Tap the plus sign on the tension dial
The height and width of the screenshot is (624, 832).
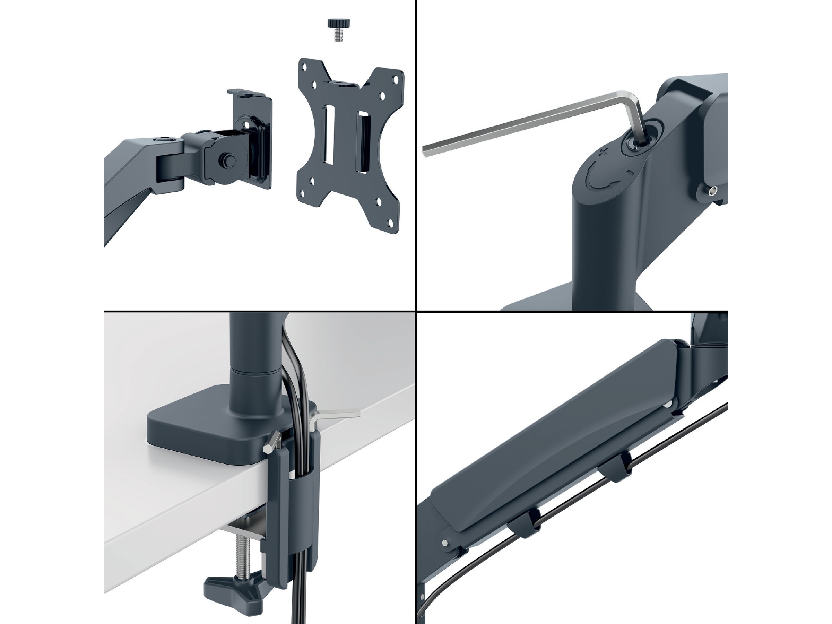pos(603,152)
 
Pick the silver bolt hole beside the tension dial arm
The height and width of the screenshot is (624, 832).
pos(712,191)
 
